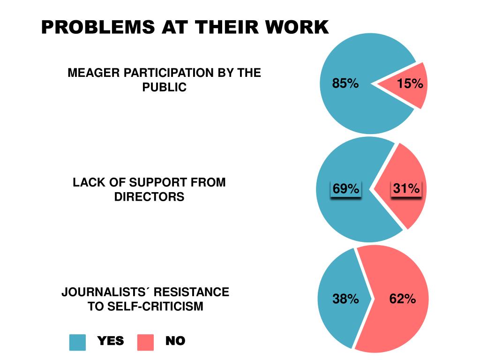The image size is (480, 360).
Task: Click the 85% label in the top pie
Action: [345, 84]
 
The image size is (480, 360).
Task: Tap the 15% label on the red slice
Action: [410, 84]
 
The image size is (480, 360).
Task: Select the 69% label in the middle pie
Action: [346, 189]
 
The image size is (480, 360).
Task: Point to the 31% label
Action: [406, 189]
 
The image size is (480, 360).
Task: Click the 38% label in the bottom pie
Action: [345, 299]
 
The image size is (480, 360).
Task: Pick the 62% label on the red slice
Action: [403, 299]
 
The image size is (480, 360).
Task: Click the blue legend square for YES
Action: [77, 342]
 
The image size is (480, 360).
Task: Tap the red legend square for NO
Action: [145, 342]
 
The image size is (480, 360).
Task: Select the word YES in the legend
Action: [111, 341]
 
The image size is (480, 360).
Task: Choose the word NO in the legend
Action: [175, 341]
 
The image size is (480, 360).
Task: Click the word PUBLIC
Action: [165, 87]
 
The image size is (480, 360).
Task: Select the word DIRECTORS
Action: [149, 196]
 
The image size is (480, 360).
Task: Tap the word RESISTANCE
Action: [192, 292]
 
